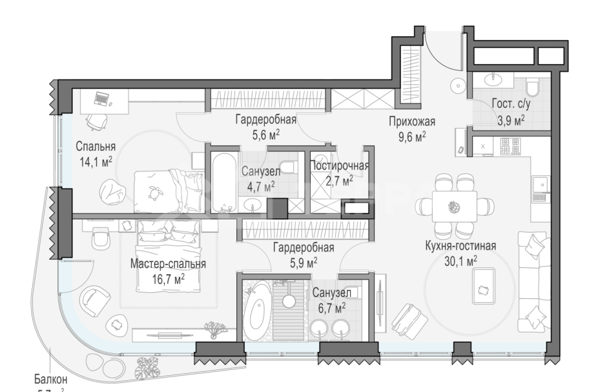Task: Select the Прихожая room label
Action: click(x=412, y=121)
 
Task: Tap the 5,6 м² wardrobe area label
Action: click(x=265, y=134)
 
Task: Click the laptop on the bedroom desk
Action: click(x=101, y=99)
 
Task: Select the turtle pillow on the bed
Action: click(x=154, y=191)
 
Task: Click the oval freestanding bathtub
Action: click(x=259, y=314)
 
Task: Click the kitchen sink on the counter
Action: click(x=540, y=186)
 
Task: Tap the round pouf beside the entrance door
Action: click(x=457, y=85)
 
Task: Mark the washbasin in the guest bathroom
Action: click(x=495, y=79)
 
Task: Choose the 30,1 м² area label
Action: click(x=460, y=260)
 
